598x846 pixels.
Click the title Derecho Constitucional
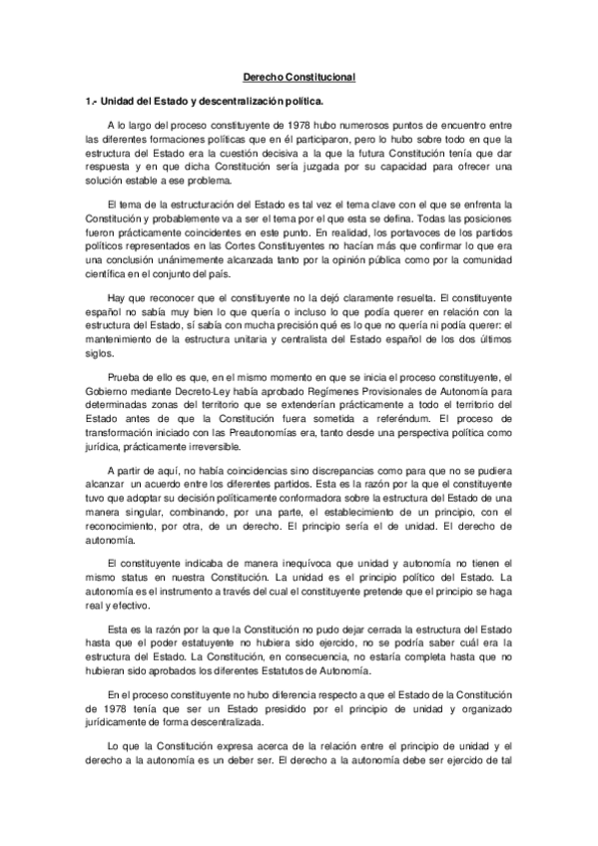click(299, 77)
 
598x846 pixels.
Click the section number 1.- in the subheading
click(92, 102)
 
